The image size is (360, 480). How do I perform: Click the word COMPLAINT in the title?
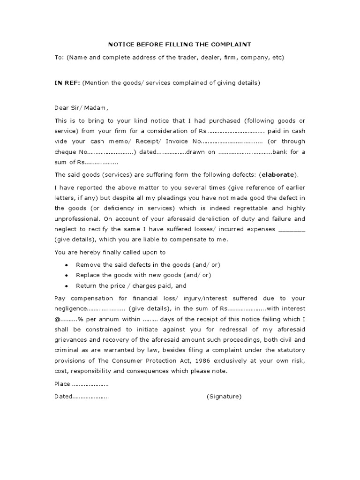233,45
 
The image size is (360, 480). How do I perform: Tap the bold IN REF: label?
67,83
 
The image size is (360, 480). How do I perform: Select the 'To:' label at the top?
59,58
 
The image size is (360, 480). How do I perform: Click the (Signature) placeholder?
224,397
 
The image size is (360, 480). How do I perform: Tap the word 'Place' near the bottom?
63,384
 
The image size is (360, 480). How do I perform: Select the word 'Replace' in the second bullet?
87,275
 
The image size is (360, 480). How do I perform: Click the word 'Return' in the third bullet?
86,285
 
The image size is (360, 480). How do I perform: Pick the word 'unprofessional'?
76,219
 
